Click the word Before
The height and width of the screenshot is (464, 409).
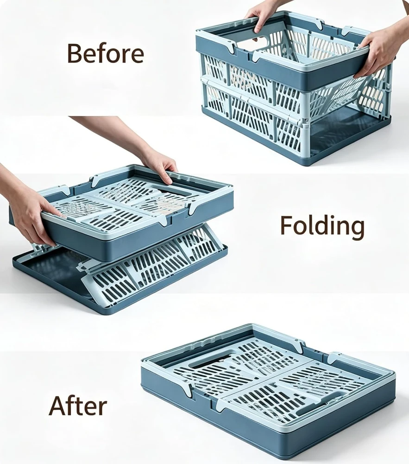[x=106, y=53]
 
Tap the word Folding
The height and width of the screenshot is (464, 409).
[x=322, y=226]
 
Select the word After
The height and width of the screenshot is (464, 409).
[x=78, y=406]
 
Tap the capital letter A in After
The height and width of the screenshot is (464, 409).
[x=58, y=406]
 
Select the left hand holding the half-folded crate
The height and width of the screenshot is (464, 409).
[x=31, y=210]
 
